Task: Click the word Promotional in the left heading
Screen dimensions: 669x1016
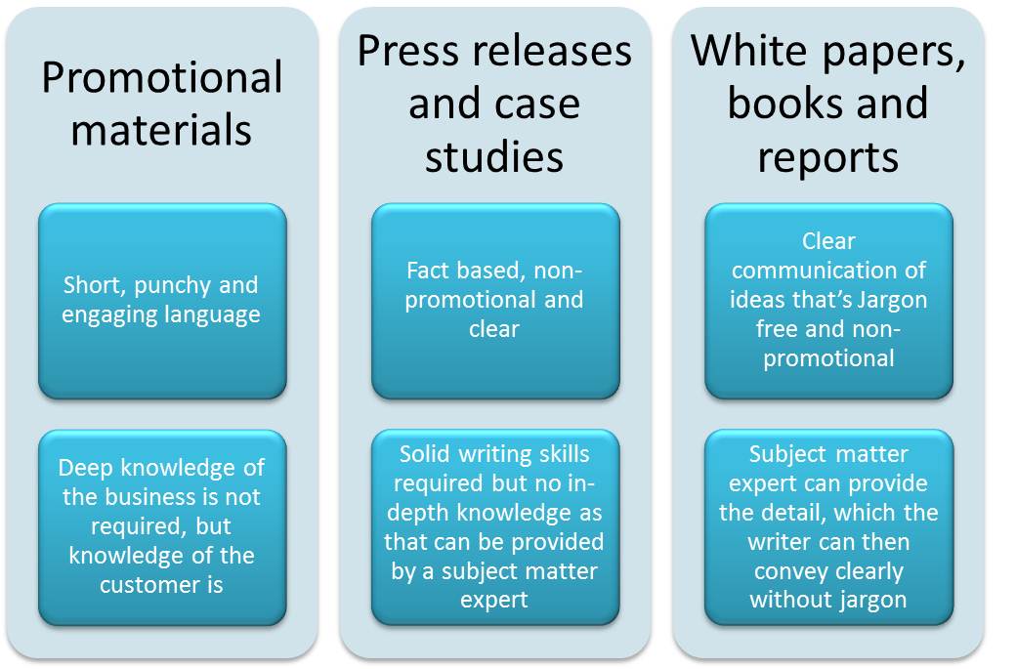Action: point(162,78)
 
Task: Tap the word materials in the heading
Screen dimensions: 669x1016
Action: point(162,130)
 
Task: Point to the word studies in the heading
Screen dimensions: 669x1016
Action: point(494,156)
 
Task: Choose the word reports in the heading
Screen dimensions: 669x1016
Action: point(827,156)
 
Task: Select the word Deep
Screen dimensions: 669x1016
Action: point(85,469)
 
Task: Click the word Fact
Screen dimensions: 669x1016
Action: point(433,271)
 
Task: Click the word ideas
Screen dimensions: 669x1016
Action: point(758,299)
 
